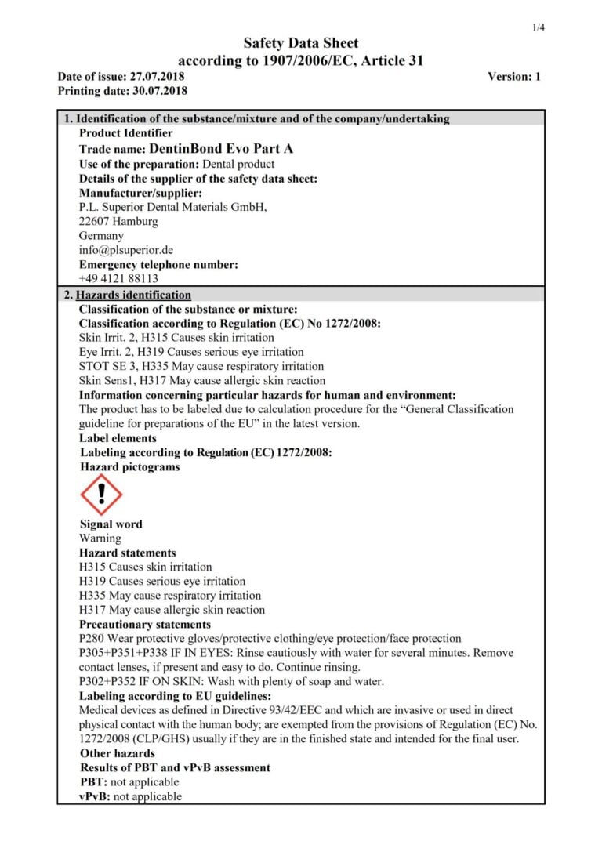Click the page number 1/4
point(539,27)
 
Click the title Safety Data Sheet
point(300,43)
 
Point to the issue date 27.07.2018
point(160,77)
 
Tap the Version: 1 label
point(514,77)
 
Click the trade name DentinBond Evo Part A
point(221,149)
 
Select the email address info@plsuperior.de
point(125,250)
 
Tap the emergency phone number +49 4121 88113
point(118,278)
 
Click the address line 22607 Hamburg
point(118,222)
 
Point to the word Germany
point(101,236)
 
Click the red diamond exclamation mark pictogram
point(101,495)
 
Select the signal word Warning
point(100,538)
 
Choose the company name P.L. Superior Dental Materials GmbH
point(173,207)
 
